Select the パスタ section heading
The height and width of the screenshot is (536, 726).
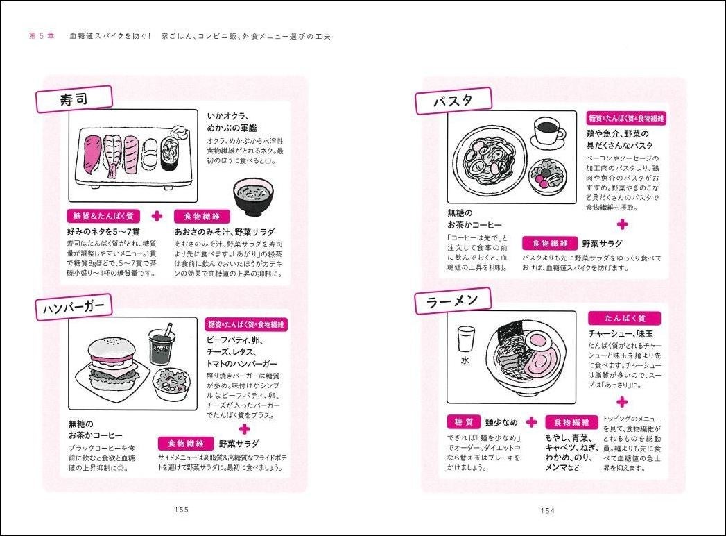click(x=453, y=101)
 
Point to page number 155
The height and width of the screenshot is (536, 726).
click(x=182, y=509)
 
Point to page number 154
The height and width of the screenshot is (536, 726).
click(x=547, y=510)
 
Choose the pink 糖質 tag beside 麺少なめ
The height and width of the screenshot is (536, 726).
click(x=463, y=422)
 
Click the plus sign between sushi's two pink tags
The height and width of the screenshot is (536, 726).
click(x=157, y=216)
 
